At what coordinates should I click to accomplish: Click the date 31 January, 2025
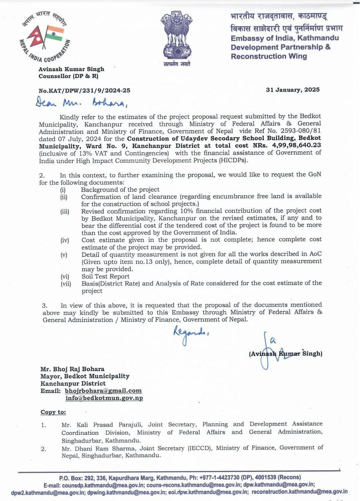[x=293, y=90]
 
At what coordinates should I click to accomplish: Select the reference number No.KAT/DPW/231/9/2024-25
[x=85, y=90]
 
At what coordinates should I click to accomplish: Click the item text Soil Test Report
[x=105, y=276]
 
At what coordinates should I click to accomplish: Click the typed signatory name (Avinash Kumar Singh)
[x=285, y=353]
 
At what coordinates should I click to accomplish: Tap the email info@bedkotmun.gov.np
[x=104, y=398]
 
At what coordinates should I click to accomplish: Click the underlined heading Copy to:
[x=53, y=412]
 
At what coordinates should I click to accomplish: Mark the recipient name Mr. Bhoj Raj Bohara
[x=72, y=369]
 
